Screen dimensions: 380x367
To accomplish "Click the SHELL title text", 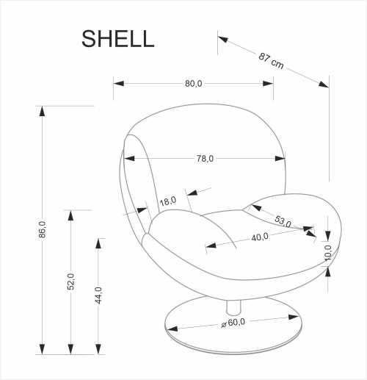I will (118, 39).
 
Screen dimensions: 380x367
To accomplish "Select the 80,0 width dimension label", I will (194, 83).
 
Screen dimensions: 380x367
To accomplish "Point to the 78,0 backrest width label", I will (205, 158).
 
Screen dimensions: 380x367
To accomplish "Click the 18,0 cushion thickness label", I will (168, 201).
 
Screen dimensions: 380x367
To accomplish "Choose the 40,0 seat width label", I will (259, 237).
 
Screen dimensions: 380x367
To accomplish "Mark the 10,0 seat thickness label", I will (328, 252).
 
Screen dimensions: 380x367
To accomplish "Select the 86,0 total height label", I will (43, 229).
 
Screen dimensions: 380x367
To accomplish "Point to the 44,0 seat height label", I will (98, 295).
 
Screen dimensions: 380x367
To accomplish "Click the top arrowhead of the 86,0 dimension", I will (43, 111).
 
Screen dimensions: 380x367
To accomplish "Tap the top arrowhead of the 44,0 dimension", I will (98, 243).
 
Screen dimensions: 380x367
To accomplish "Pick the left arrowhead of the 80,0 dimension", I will (118, 83).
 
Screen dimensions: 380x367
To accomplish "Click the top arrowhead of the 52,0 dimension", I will (70, 215).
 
